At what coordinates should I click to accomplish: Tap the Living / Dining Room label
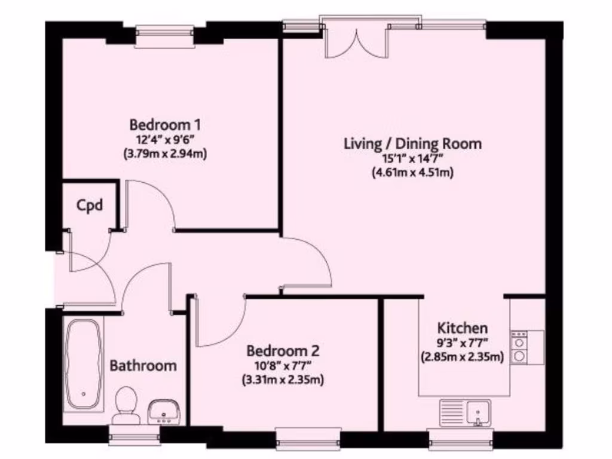click(412, 144)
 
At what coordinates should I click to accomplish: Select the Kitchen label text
click(463, 328)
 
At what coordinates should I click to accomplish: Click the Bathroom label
click(143, 365)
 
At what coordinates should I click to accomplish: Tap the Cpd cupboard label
click(90, 206)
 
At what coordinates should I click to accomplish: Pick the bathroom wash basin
click(164, 411)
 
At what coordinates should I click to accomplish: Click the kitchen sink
click(466, 412)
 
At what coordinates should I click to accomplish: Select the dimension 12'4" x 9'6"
click(165, 140)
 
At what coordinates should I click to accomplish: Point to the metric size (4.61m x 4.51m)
click(412, 173)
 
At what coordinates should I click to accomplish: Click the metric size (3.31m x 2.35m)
click(283, 380)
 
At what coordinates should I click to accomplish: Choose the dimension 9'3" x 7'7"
click(463, 343)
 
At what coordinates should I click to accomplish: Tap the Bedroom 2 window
click(308, 435)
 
